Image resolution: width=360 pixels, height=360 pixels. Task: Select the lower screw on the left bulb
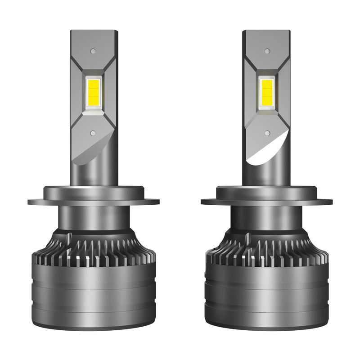pyautogui.click(x=93, y=134)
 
